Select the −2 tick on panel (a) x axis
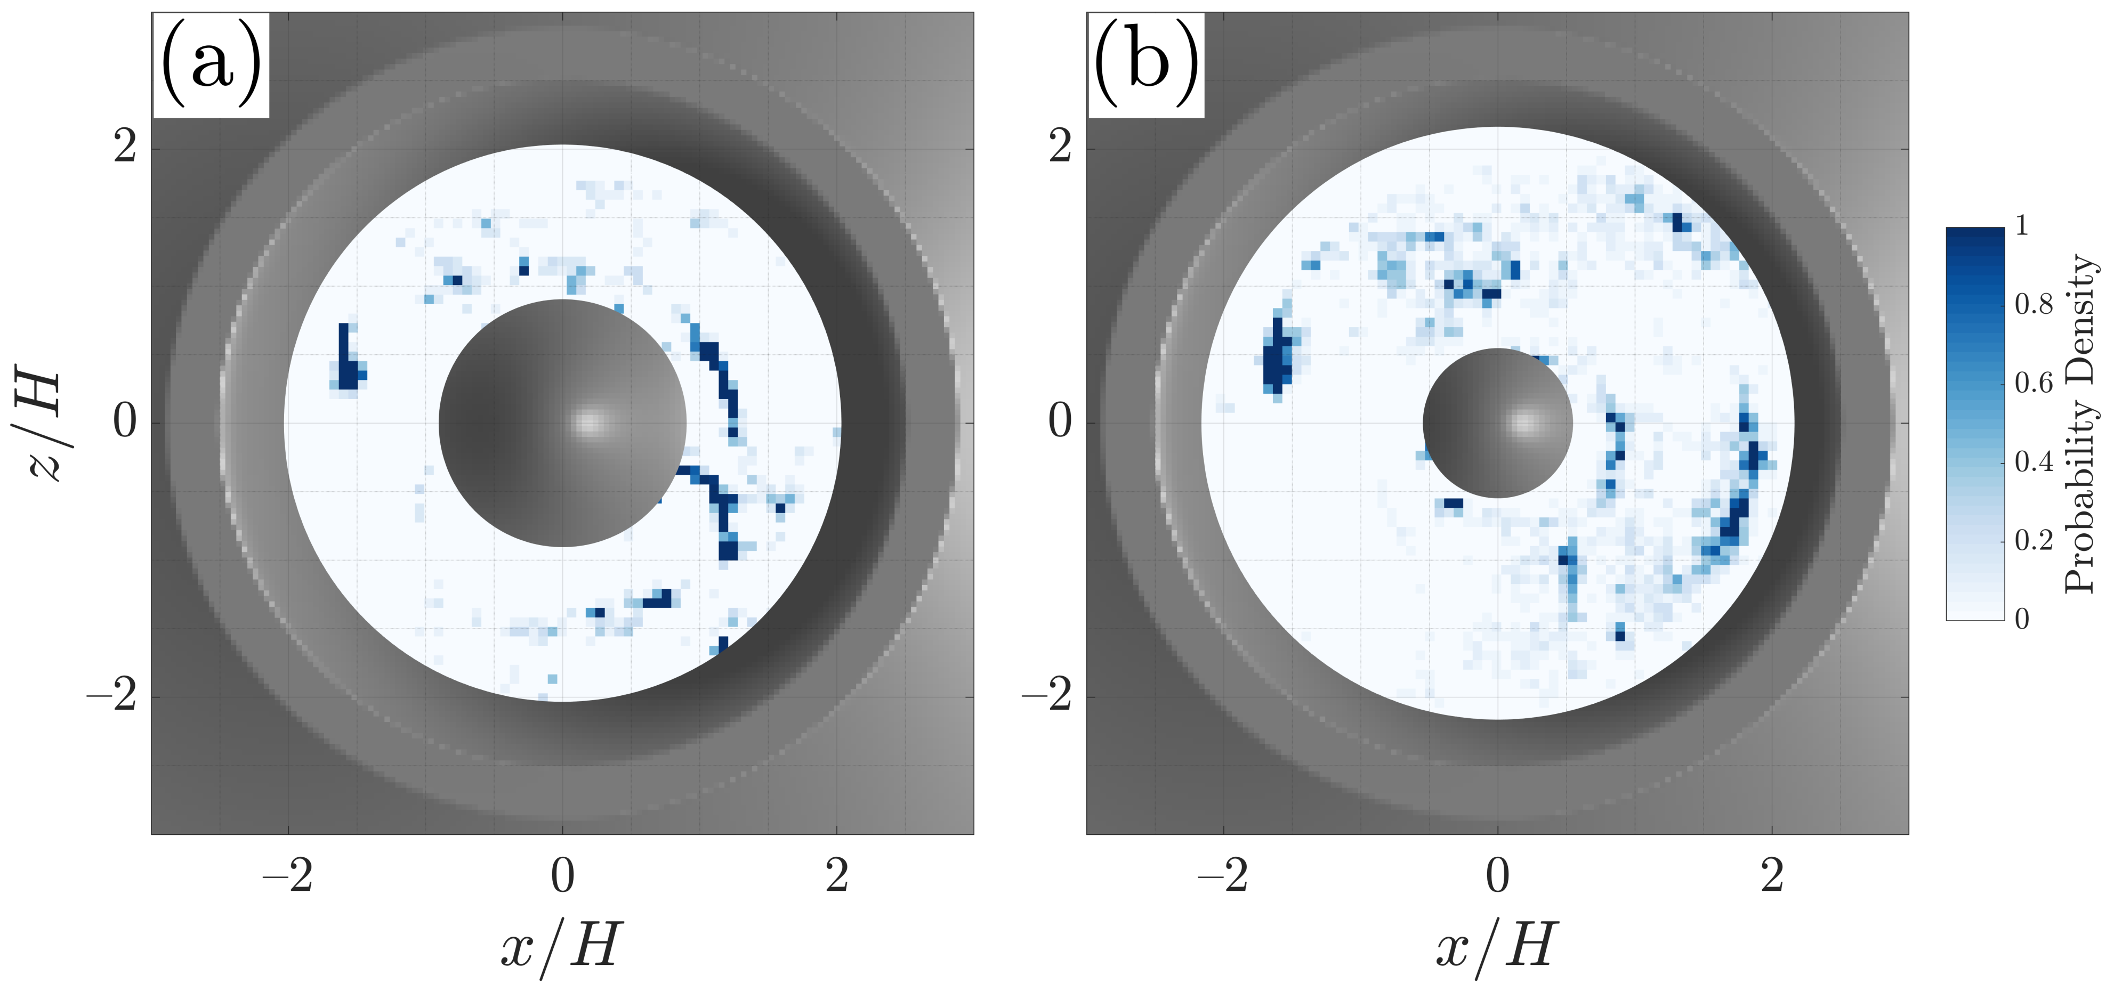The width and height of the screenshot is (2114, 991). pos(287,876)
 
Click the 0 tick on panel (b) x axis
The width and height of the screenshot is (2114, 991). pos(1498,876)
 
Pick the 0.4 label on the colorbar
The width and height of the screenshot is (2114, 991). pos(2034,462)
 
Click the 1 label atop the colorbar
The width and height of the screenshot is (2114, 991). pos(2021,225)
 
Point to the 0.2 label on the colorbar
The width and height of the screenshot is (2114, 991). pos(2034,541)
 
